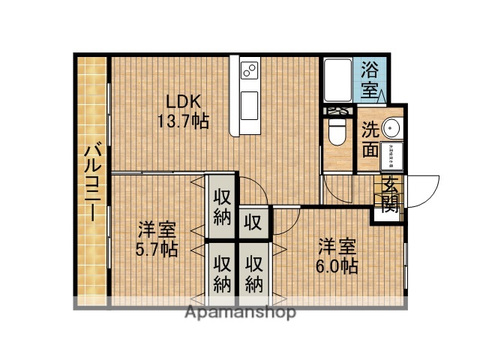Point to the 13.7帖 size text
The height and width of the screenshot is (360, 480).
tap(182, 120)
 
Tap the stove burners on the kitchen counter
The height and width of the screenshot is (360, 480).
tap(248, 71)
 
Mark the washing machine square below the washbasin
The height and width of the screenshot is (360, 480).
tap(390, 156)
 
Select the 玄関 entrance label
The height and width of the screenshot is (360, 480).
tap(390, 193)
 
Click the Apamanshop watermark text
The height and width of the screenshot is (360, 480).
tap(240, 311)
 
